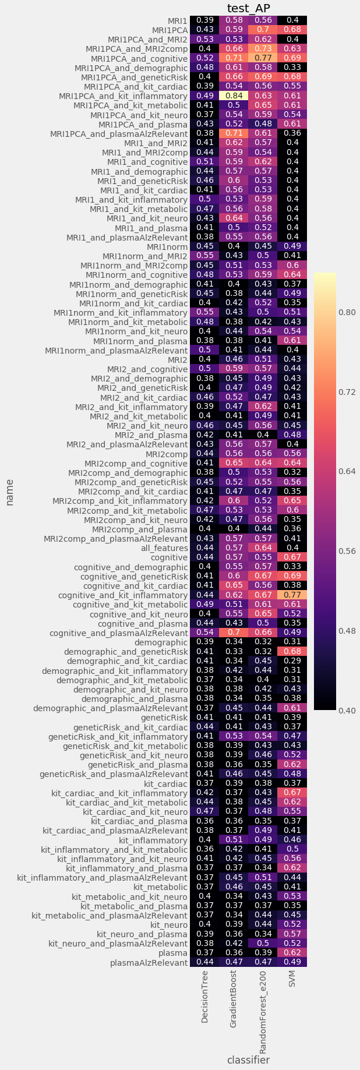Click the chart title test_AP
[x=249, y=7]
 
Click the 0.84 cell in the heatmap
[x=234, y=96]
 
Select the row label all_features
[x=164, y=548]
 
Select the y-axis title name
[x=10, y=492]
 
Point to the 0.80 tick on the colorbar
[x=348, y=312]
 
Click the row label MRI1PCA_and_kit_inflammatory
[x=123, y=96]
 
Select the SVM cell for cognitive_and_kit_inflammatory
[x=292, y=595]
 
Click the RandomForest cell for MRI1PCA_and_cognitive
[x=263, y=58]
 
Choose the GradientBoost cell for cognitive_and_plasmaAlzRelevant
[x=234, y=633]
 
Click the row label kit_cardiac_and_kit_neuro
[x=135, y=811]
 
